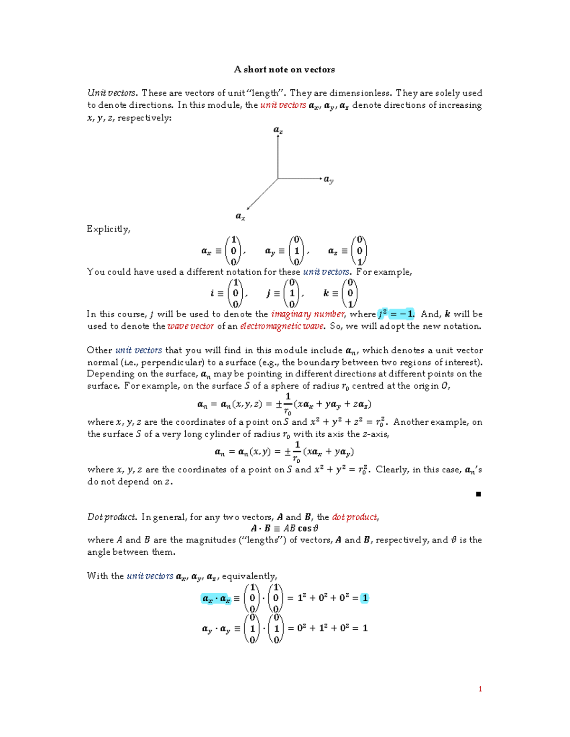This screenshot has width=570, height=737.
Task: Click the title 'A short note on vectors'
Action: tap(284, 70)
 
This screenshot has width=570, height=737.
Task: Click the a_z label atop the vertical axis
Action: tap(278, 130)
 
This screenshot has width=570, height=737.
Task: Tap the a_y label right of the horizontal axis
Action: tap(329, 179)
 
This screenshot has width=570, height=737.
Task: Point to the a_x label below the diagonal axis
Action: tap(240, 216)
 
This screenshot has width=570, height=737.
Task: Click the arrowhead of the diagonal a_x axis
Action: tap(248, 208)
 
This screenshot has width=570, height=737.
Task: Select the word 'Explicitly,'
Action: tap(108, 229)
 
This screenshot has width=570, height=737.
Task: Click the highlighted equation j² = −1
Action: tap(396, 314)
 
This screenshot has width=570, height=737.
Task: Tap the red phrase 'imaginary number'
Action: tap(307, 314)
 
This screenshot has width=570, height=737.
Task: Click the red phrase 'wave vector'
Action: tap(190, 327)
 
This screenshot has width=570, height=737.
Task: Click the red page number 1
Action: tap(480, 689)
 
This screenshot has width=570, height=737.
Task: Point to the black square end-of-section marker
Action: tap(478, 494)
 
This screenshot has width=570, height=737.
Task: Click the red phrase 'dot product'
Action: tap(355, 517)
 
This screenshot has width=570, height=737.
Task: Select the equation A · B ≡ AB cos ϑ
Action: tap(285, 528)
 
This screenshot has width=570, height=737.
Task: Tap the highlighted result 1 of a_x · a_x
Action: tap(365, 598)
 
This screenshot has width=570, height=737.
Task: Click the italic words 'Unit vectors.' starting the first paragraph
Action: tap(112, 93)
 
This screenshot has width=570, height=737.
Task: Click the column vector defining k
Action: tap(350, 293)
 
